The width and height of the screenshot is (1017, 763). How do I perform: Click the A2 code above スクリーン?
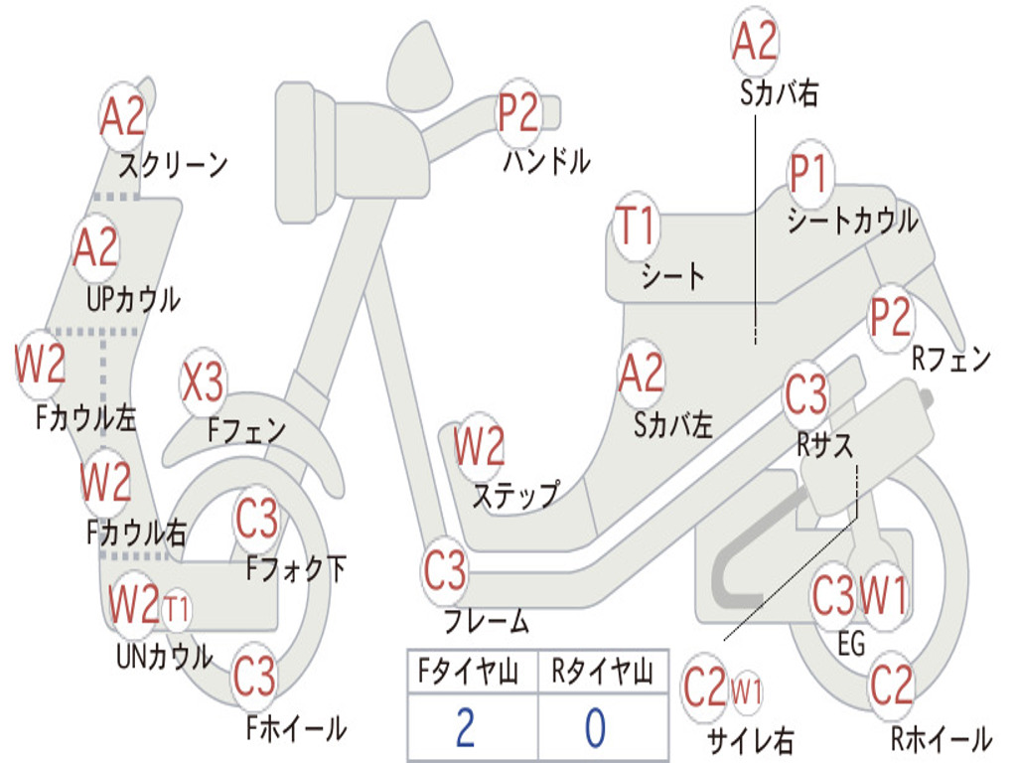pyautogui.click(x=123, y=117)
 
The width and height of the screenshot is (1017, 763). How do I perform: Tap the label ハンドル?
pyautogui.click(x=545, y=160)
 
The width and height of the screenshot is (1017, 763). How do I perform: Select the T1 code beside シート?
pyautogui.click(x=636, y=227)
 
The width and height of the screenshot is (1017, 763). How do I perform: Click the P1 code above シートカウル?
pyautogui.click(x=808, y=176)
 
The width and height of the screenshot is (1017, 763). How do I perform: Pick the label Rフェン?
pyautogui.click(x=950, y=359)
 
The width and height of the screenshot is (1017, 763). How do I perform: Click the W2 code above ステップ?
pyautogui.click(x=479, y=447)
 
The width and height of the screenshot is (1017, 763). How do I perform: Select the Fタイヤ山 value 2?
pyautogui.click(x=464, y=727)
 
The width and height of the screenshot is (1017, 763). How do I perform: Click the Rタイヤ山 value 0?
pyautogui.click(x=594, y=727)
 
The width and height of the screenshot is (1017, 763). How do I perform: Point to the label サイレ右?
pyautogui.click(x=750, y=740)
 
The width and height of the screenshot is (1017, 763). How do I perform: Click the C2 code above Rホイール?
pyautogui.click(x=890, y=685)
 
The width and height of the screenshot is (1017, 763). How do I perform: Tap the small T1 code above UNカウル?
pyautogui.click(x=176, y=608)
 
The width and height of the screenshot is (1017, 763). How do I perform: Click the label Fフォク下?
pyautogui.click(x=296, y=569)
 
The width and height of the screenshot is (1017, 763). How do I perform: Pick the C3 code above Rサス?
pyautogui.click(x=805, y=395)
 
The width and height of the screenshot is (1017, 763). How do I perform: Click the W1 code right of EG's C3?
pyautogui.click(x=883, y=597)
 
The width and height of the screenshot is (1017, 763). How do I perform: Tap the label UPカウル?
pyautogui.click(x=133, y=299)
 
